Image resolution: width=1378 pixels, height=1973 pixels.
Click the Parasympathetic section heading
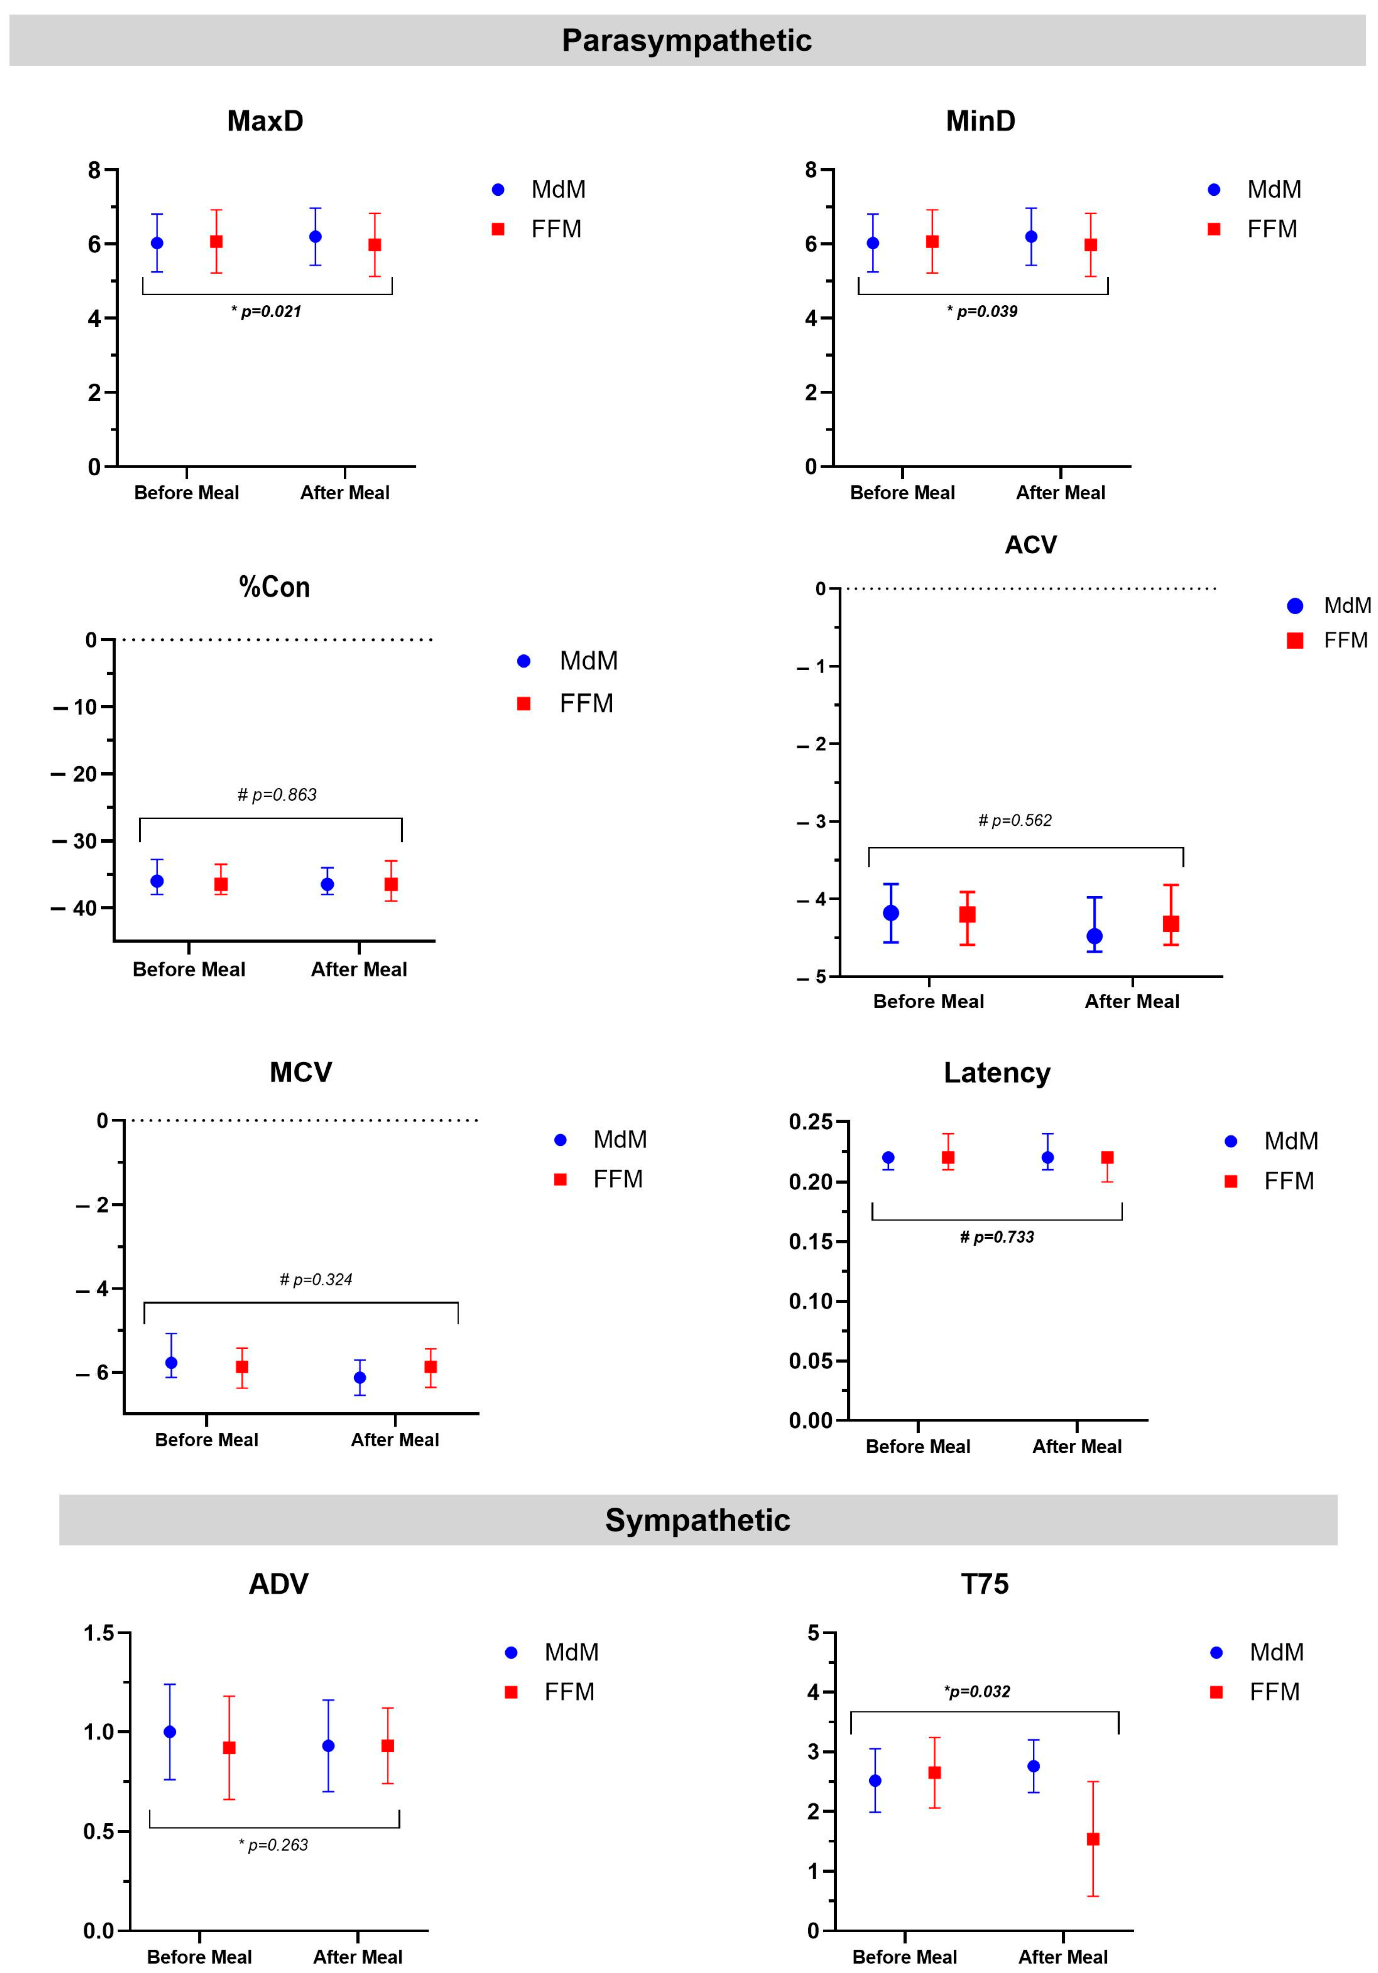click(x=687, y=40)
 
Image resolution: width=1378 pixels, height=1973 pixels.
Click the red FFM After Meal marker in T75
click(x=1093, y=1839)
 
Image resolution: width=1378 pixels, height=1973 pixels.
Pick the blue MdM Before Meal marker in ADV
click(x=170, y=1732)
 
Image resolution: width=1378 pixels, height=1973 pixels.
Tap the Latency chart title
click(x=997, y=1072)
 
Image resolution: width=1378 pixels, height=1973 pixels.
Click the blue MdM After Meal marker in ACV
click(x=1095, y=936)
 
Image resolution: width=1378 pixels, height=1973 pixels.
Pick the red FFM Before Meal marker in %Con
click(x=221, y=884)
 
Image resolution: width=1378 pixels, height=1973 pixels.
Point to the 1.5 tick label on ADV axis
click(x=99, y=1633)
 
